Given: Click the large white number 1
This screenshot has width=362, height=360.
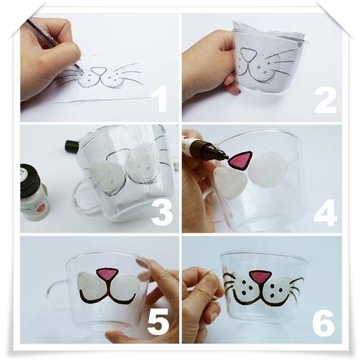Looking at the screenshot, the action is tap(161, 98).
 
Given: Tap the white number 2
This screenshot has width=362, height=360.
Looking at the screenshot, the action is tap(325, 101).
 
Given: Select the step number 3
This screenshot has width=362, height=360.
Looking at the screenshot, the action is tap(162, 212).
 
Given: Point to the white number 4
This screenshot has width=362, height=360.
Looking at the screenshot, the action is tap(325, 213).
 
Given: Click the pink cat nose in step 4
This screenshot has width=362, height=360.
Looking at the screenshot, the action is tap(240, 160).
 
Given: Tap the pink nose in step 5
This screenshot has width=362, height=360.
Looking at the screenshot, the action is tap(108, 274).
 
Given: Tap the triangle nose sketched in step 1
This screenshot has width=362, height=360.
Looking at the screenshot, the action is tap(98, 70).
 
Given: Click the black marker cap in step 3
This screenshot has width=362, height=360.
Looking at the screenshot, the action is tap(72, 146).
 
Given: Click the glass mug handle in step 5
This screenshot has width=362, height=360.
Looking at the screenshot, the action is tap(56, 292).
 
